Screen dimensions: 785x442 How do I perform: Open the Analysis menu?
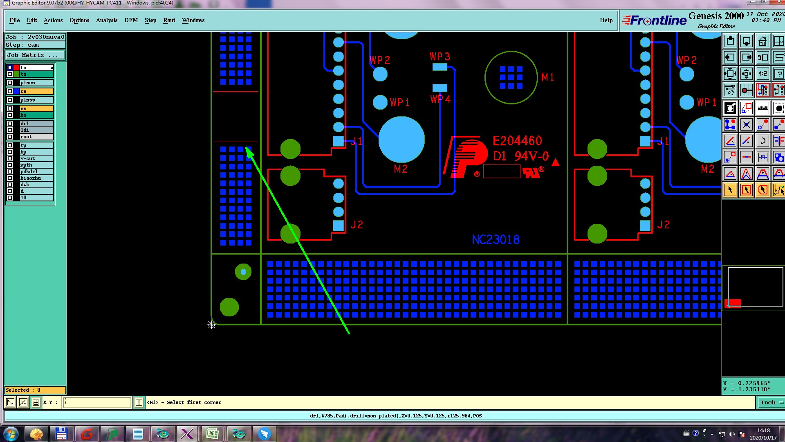pos(106,20)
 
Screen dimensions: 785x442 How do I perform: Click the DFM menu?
pos(131,20)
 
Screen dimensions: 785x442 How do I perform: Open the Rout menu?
pos(169,20)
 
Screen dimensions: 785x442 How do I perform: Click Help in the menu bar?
pos(606,20)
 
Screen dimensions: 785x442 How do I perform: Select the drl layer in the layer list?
pos(36,124)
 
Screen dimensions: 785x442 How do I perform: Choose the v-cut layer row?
pos(36,158)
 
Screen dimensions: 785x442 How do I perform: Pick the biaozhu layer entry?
pos(36,178)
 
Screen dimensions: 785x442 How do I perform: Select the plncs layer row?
pos(36,83)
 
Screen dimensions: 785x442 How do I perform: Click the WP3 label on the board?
pos(440,56)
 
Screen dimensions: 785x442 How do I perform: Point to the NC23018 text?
pos(496,239)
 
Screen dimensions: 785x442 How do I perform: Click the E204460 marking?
pos(517,141)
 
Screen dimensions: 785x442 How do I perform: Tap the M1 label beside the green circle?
pos(548,77)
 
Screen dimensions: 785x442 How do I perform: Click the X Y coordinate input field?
pos(97,402)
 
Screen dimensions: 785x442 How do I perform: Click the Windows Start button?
pos(11,433)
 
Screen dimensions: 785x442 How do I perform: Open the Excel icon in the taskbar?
pos(212,434)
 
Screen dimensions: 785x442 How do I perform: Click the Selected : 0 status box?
pos(35,390)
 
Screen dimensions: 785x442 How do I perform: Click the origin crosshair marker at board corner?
pos(211,325)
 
